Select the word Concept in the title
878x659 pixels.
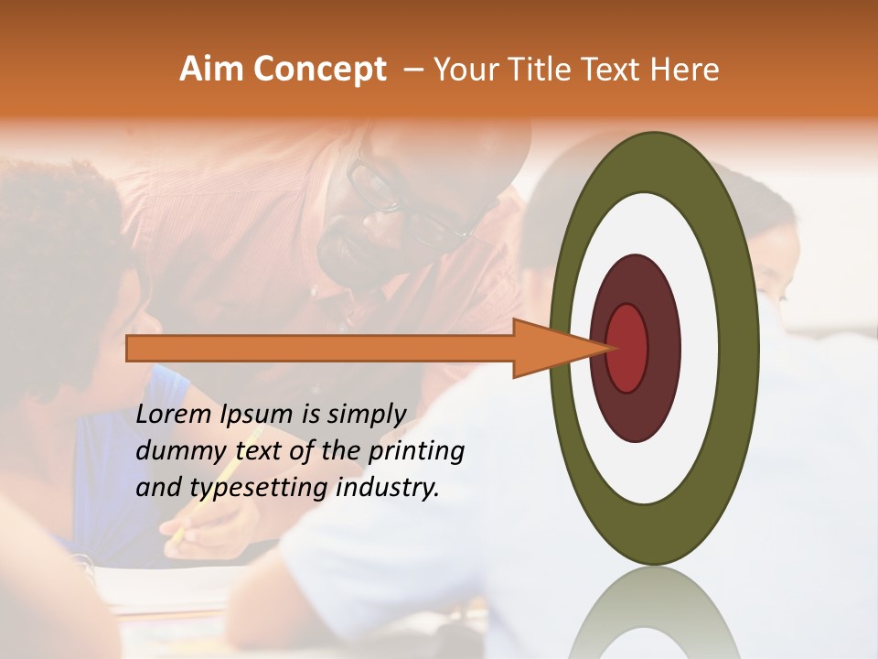point(319,70)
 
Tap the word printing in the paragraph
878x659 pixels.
point(417,452)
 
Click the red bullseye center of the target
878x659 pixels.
point(627,348)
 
